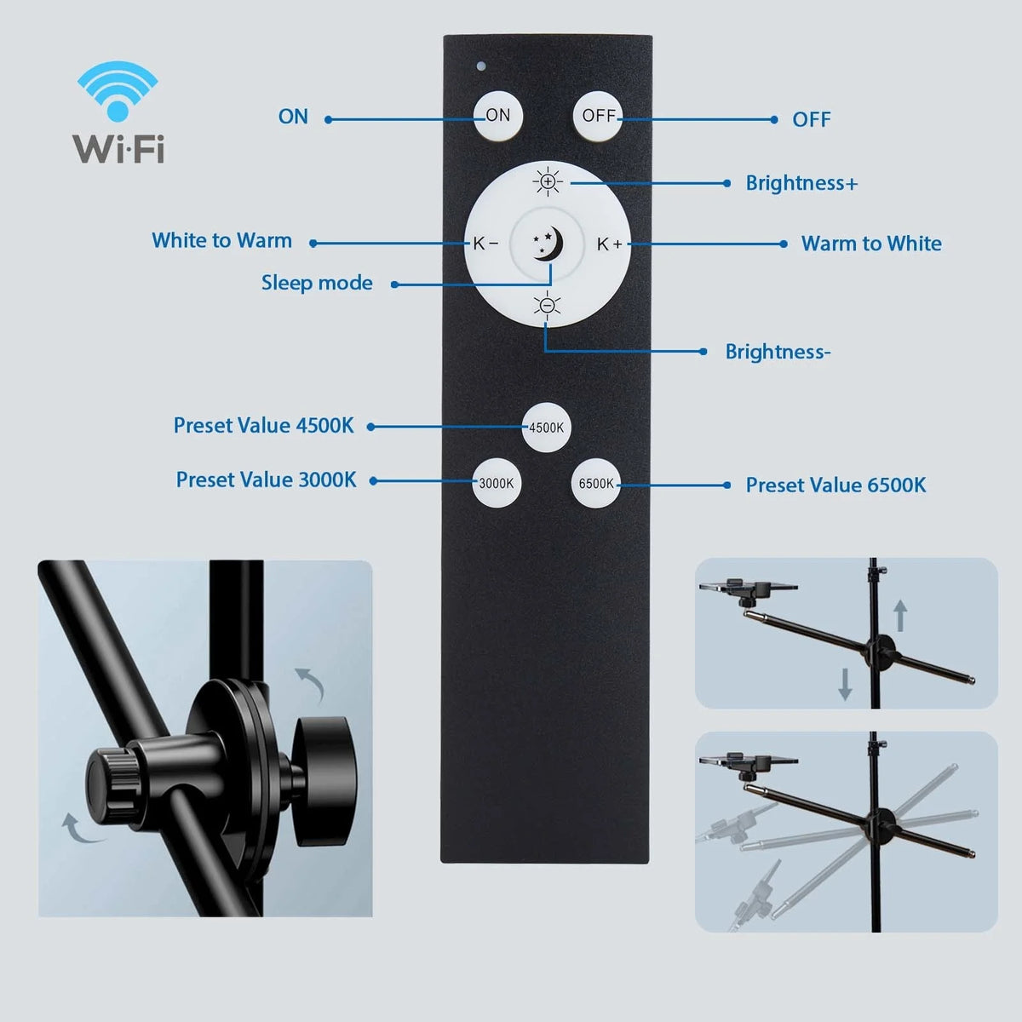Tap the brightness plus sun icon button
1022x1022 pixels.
click(548, 181)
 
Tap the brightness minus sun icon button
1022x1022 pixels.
click(548, 305)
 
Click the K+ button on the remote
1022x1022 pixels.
click(609, 244)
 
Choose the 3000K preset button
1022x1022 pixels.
click(497, 483)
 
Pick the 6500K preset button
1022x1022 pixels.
click(596, 483)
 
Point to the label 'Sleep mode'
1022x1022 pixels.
click(317, 283)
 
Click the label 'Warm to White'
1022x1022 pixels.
click(871, 244)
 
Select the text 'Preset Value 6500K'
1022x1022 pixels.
click(835, 485)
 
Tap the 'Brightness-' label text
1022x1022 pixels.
click(778, 352)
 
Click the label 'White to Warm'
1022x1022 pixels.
click(221, 241)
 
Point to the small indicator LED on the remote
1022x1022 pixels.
click(481, 65)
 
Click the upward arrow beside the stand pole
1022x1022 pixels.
click(900, 615)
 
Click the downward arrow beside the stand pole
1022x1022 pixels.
click(845, 683)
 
